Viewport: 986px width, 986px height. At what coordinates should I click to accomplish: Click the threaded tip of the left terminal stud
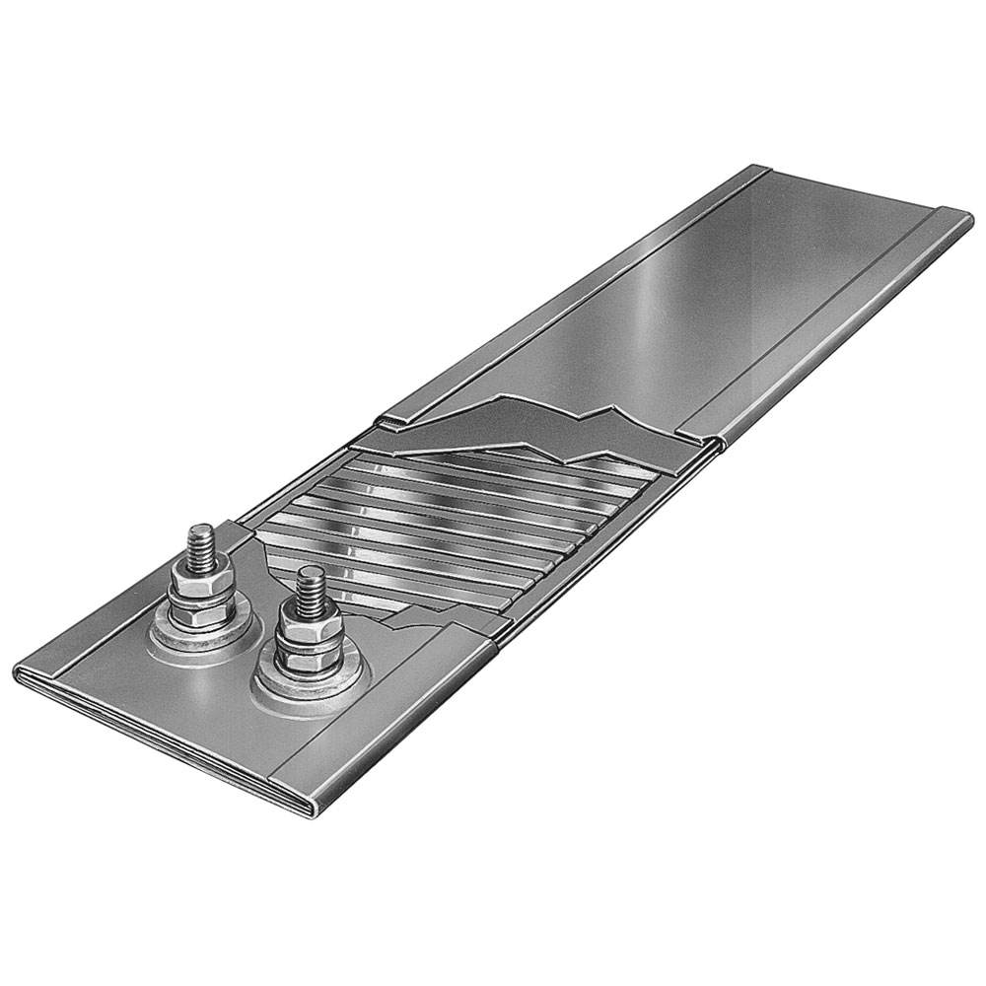tap(199, 544)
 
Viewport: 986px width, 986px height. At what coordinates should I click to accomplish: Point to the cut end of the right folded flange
tap(716, 441)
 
